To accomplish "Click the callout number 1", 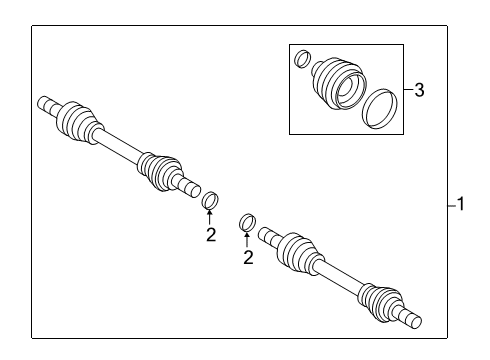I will (x=461, y=205).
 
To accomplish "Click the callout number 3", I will (x=419, y=91).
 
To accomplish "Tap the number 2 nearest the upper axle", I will (x=211, y=235).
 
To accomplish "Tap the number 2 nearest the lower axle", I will (x=249, y=257).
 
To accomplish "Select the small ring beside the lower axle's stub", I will (x=248, y=222).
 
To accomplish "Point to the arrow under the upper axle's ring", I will (x=211, y=218).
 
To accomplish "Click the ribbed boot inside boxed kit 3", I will (x=338, y=81).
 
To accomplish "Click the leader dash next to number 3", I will (x=407, y=91).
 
